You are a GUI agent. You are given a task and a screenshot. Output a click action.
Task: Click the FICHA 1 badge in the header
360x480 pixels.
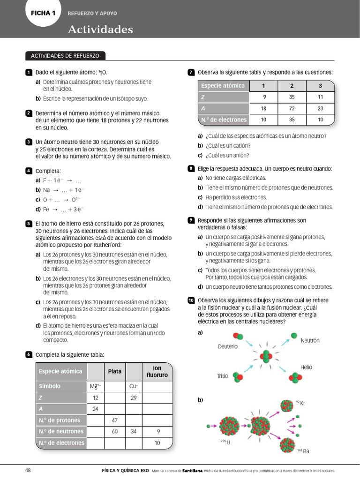pos(43,13)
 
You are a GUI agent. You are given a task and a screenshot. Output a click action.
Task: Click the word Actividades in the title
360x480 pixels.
pos(100,30)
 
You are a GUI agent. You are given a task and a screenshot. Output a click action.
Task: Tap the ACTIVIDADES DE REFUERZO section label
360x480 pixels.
pos(65,56)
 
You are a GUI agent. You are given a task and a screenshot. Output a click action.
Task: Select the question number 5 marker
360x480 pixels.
pos(29,224)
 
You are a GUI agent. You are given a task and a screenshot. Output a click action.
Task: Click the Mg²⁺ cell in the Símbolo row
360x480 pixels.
pos(96,386)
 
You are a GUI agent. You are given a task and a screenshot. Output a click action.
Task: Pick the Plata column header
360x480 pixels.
pos(115,371)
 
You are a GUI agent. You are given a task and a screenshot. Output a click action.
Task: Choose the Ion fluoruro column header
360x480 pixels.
pos(157,371)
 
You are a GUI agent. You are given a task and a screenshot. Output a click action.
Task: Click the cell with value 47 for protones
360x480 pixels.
pos(115,420)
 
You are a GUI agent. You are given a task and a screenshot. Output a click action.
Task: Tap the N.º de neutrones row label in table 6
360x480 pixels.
pos(61,431)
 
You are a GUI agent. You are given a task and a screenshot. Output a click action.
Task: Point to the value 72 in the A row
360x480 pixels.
pos(292,108)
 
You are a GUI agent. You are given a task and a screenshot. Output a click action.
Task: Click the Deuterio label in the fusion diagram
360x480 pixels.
pos(228,346)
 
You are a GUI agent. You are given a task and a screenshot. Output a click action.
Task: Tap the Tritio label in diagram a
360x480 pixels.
pos(222,376)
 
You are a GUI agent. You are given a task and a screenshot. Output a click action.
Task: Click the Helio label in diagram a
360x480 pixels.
pos(306,367)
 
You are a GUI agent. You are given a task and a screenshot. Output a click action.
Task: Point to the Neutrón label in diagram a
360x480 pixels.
pos(310,340)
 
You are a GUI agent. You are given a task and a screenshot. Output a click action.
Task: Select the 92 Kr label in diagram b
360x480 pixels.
pos(300,403)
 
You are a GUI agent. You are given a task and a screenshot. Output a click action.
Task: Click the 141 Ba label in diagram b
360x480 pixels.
pos(303,451)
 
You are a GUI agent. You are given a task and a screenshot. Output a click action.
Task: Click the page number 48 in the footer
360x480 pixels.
pos(28,470)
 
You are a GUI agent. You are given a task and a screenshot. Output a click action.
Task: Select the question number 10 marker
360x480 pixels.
pos(191,300)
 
